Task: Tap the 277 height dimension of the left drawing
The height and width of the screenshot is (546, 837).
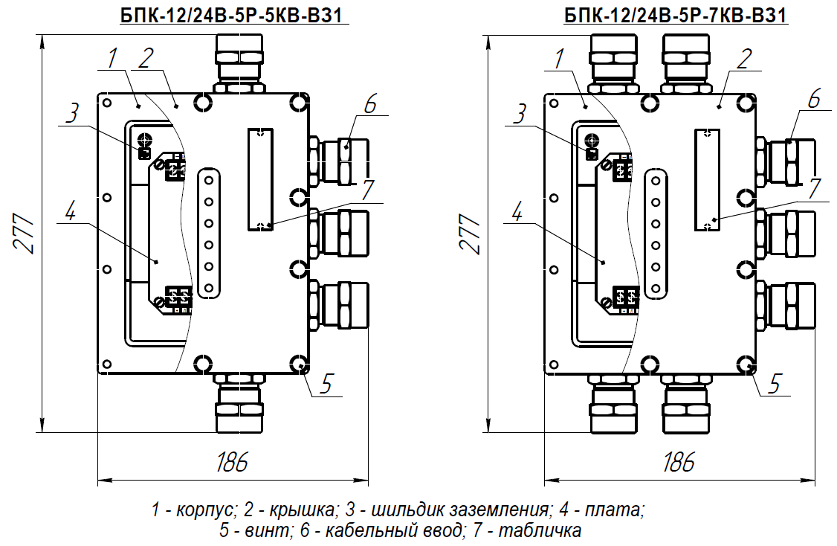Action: click(x=24, y=234)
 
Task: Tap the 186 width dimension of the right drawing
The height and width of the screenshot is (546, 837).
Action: click(x=679, y=462)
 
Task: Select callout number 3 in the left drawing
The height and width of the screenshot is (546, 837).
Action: click(x=73, y=113)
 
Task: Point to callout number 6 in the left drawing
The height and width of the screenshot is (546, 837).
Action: click(x=370, y=103)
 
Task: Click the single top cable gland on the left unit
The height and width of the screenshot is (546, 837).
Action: click(x=239, y=64)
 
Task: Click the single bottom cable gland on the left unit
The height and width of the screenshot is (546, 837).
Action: click(x=239, y=402)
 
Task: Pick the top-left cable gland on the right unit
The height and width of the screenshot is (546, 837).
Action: click(x=614, y=64)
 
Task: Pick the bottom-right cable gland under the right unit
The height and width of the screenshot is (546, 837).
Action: click(x=686, y=402)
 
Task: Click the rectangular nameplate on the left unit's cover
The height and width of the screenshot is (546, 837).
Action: click(x=260, y=179)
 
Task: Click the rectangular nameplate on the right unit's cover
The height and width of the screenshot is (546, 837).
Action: click(x=707, y=179)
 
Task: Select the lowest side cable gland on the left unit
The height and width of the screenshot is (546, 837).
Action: click(x=339, y=306)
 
